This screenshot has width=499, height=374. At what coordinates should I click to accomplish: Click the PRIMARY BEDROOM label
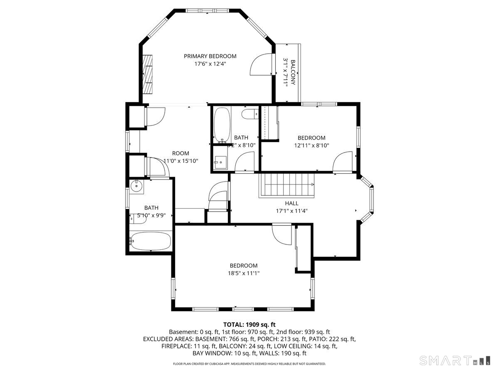tap(210, 56)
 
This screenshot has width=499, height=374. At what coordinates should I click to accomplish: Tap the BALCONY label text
tap(293, 72)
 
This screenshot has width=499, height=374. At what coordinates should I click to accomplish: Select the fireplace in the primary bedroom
tap(147, 75)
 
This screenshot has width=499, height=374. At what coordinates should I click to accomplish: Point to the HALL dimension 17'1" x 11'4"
tap(291, 211)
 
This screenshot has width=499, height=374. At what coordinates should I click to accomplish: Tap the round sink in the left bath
tap(136, 187)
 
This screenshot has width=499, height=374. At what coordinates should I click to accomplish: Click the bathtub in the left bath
tap(150, 241)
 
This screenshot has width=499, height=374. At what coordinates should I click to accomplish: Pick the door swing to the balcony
tap(262, 65)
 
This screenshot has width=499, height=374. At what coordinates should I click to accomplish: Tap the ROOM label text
tap(180, 153)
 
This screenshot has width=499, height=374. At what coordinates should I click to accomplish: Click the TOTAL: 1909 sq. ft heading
tap(249, 324)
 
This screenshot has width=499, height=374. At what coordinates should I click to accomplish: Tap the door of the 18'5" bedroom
tap(282, 235)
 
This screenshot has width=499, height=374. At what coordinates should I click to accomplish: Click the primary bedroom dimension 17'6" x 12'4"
tap(210, 64)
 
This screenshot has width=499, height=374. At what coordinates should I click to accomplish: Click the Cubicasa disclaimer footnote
tap(249, 364)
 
